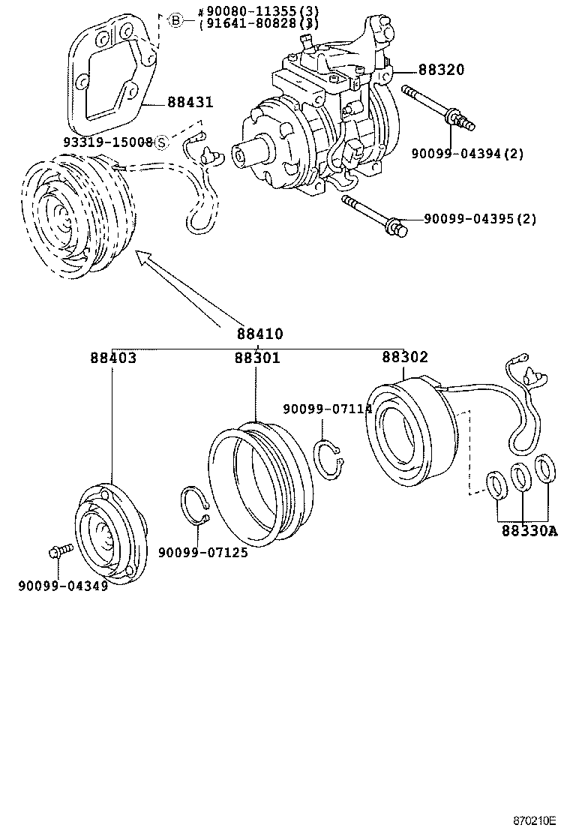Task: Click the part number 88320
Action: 441,70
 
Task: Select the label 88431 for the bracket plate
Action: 190,103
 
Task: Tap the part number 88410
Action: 259,334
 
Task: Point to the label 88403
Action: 113,358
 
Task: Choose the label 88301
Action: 256,358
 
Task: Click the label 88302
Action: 405,358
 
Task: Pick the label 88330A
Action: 529,531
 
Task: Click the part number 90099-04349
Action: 63,585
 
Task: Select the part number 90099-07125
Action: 202,553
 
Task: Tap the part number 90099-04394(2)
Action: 466,154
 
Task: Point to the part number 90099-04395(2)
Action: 480,219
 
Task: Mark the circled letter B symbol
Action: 175,20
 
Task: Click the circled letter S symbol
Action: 161,142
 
